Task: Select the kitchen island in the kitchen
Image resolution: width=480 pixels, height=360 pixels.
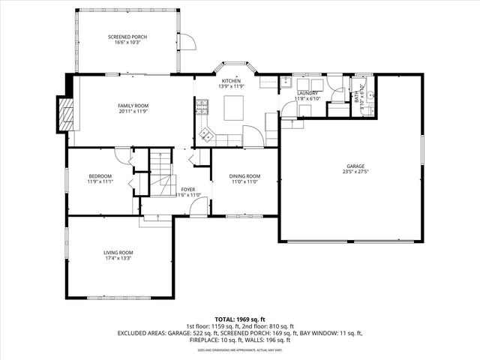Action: (x=233, y=108)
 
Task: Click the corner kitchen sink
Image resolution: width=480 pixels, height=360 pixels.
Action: (x=205, y=135)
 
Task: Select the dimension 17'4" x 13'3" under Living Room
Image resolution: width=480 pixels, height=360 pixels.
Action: (x=118, y=259)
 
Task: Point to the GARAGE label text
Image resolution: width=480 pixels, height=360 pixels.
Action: (x=355, y=166)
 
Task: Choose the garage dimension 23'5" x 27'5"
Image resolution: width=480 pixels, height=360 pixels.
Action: (x=355, y=172)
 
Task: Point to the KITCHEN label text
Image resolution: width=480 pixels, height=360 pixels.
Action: (x=230, y=81)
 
